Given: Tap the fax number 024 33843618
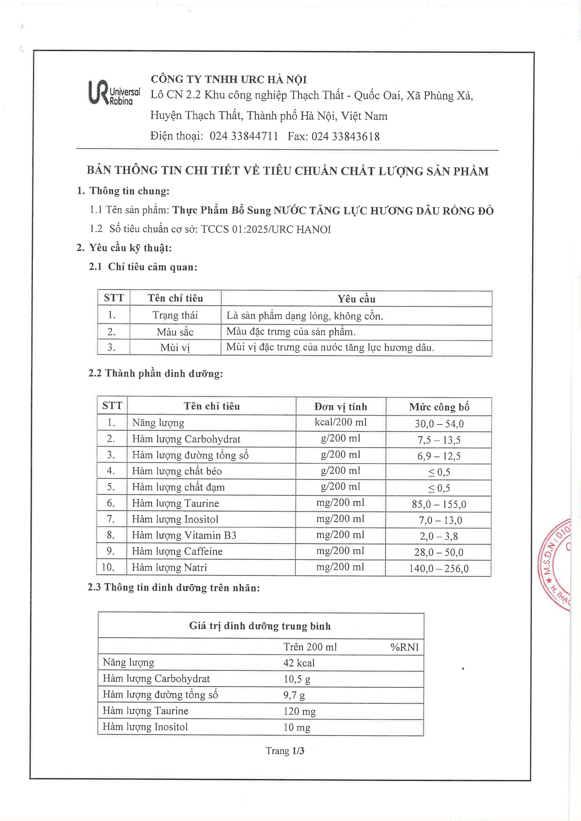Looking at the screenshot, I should (345, 136).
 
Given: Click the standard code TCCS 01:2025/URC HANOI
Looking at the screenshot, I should (266, 229).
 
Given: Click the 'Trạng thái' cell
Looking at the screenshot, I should (175, 315).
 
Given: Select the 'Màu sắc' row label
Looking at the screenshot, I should (175, 332).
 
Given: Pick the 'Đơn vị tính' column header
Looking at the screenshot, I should (341, 407).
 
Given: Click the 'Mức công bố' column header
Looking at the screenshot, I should (439, 407).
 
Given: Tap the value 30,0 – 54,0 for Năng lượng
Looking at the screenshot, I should (439, 424).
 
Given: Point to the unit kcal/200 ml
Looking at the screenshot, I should (341, 422).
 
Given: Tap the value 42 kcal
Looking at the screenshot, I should (299, 663).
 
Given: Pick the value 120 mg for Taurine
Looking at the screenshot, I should (299, 711).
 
